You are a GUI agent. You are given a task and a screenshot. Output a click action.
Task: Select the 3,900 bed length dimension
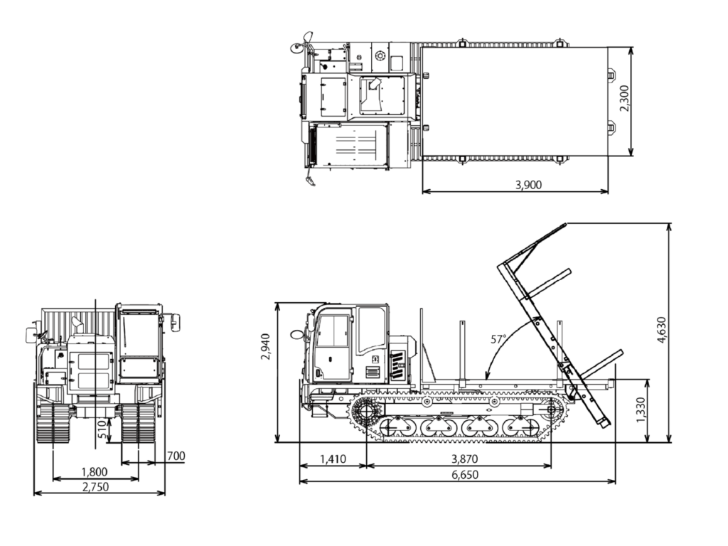tap(528, 185)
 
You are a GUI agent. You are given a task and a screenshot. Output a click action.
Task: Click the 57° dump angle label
tap(499, 339)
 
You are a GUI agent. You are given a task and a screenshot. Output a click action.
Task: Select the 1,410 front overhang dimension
tap(332, 459)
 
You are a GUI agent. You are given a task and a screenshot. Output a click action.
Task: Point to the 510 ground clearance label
tap(102, 429)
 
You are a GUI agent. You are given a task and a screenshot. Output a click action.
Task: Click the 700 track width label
tap(175, 456)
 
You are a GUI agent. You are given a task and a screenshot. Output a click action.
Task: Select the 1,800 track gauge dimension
tap(95, 471)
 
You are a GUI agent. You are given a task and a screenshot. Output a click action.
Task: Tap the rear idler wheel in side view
tap(552, 410)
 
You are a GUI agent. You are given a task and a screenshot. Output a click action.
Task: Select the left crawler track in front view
tap(53, 424)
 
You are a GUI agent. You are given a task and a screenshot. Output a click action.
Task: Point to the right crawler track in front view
tap(138, 424)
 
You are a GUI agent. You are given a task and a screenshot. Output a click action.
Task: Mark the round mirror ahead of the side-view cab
tap(296, 334)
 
